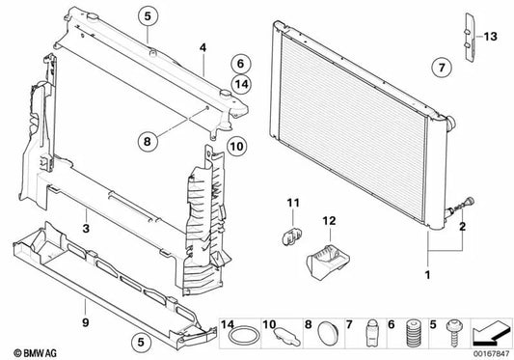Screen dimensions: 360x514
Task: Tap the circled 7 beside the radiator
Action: (x=439, y=68)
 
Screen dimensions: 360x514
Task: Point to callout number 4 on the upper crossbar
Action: (x=203, y=46)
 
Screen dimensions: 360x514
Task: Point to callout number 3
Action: (x=86, y=229)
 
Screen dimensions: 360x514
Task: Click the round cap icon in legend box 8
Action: (x=325, y=337)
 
